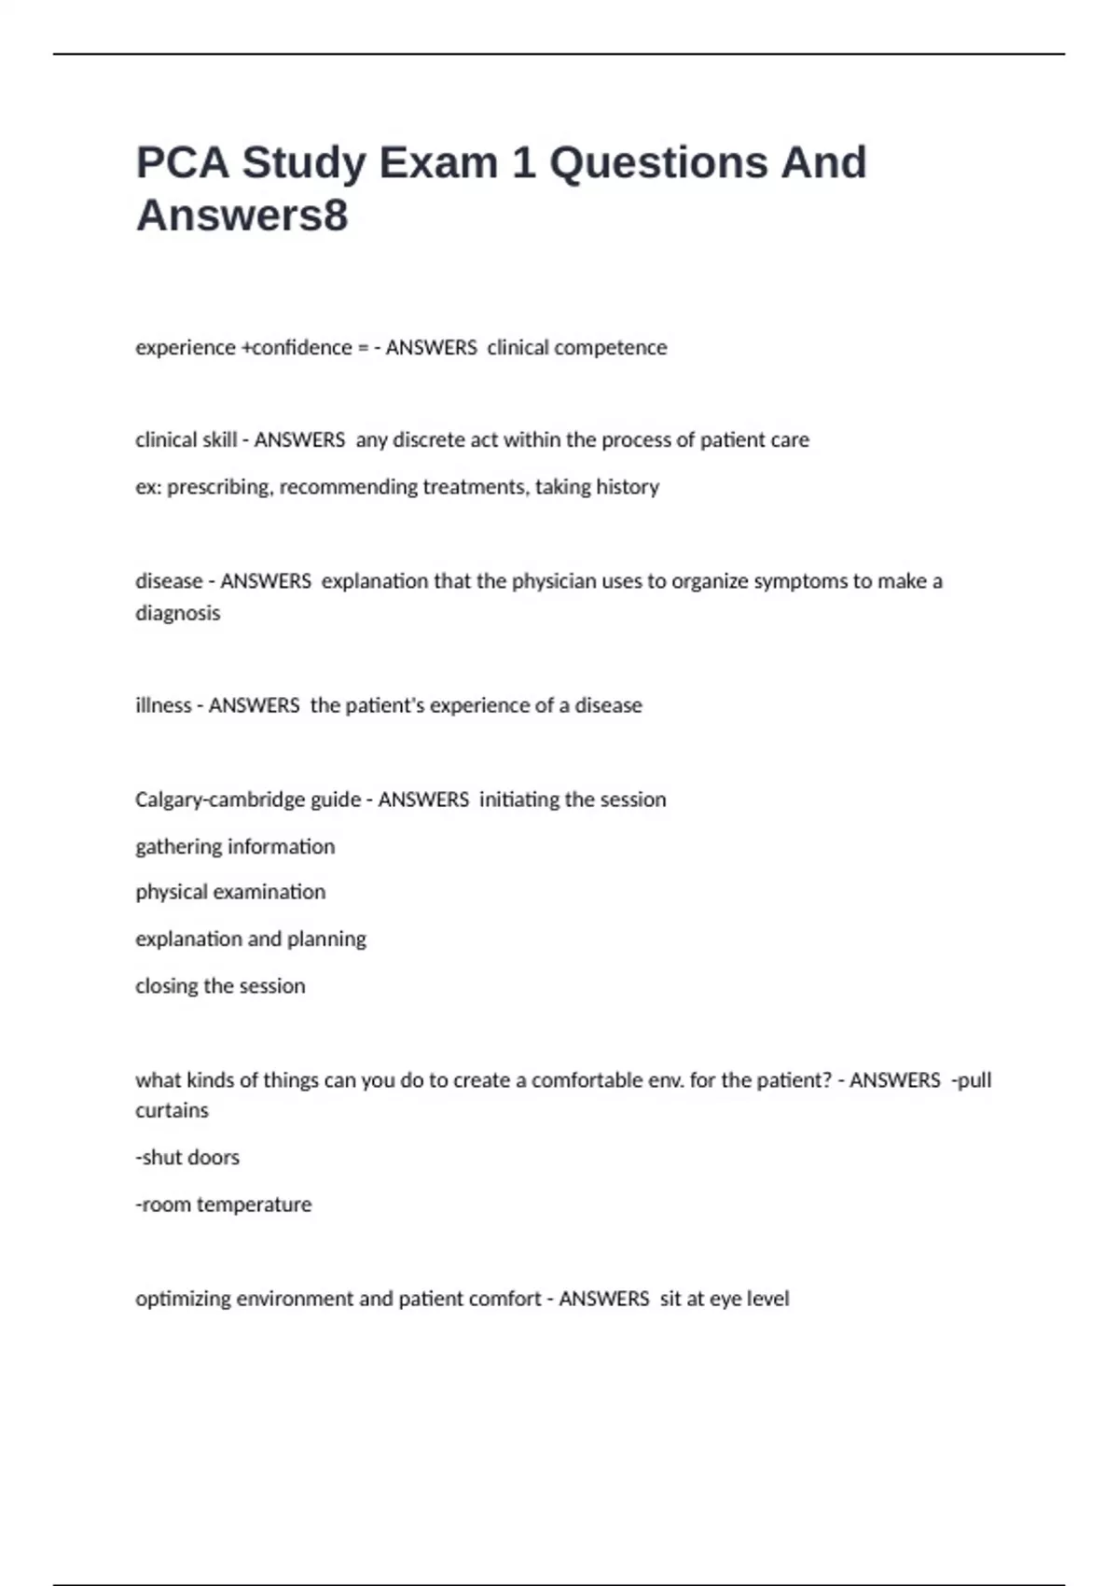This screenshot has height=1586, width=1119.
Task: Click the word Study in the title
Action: click(304, 163)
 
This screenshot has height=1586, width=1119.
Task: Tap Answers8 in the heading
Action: click(242, 216)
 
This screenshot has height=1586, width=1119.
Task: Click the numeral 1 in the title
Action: click(523, 163)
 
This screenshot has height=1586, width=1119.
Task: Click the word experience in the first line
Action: click(185, 348)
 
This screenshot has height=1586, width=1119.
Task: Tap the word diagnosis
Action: click(177, 613)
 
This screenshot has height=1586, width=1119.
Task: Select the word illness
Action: click(163, 705)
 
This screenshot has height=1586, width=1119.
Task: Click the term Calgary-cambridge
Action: click(247, 800)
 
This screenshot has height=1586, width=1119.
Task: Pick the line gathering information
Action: click(234, 846)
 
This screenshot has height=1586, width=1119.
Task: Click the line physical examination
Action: click(230, 892)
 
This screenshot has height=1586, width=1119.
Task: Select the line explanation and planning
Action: click(250, 939)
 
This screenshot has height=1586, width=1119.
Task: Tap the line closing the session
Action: click(220, 986)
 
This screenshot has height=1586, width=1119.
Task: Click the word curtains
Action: click(172, 1110)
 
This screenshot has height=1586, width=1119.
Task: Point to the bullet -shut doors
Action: click(187, 1157)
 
